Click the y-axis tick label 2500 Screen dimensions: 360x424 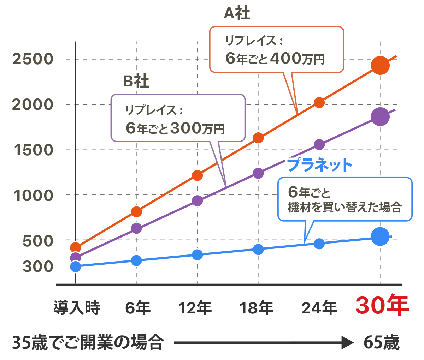coord(33,59)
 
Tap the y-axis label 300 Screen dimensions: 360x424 coord(38,266)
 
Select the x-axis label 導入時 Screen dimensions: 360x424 coord(77,308)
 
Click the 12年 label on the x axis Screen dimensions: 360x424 coord(195,308)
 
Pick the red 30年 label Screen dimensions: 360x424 coord(382,305)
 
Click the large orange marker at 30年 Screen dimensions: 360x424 coord(380,65)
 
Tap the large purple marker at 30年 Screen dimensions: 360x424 coord(380,116)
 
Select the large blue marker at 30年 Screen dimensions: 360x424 coord(380,236)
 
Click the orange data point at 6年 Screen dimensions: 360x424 coord(136,212)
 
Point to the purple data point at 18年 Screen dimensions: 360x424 coord(258,173)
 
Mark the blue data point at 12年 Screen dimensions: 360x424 coord(198,255)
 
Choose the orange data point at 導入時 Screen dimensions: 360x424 coord(76,247)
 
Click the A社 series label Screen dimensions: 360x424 coord(237,14)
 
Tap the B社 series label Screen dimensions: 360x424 coord(136,81)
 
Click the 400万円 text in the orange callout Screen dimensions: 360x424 coord(297,58)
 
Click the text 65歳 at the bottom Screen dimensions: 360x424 coord(381,342)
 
